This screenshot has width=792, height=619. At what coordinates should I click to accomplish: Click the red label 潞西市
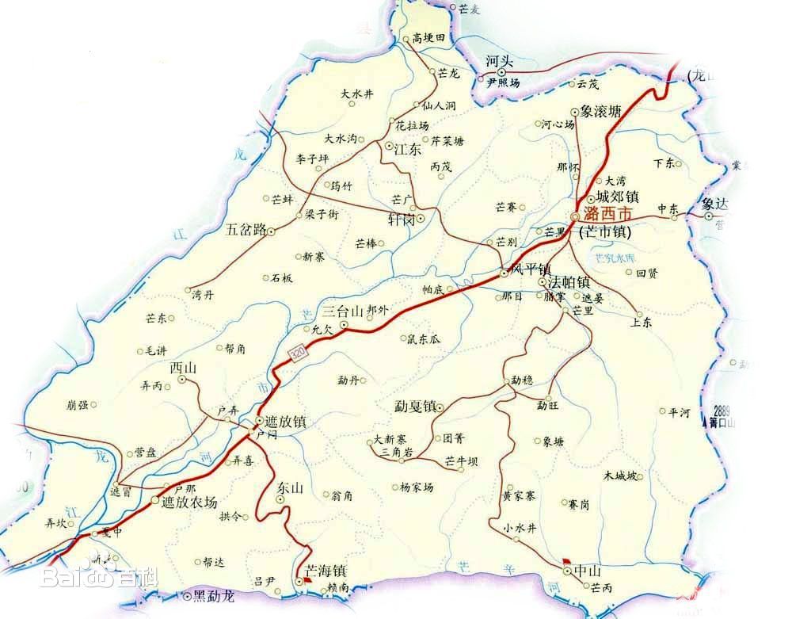click(x=608, y=215)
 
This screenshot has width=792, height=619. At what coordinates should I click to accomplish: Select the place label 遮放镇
click(x=286, y=422)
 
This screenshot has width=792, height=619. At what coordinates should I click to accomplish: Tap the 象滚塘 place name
click(x=606, y=113)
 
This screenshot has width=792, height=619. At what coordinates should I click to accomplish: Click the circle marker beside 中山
click(x=567, y=570)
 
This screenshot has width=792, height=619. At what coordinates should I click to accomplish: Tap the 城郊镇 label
click(x=617, y=197)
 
